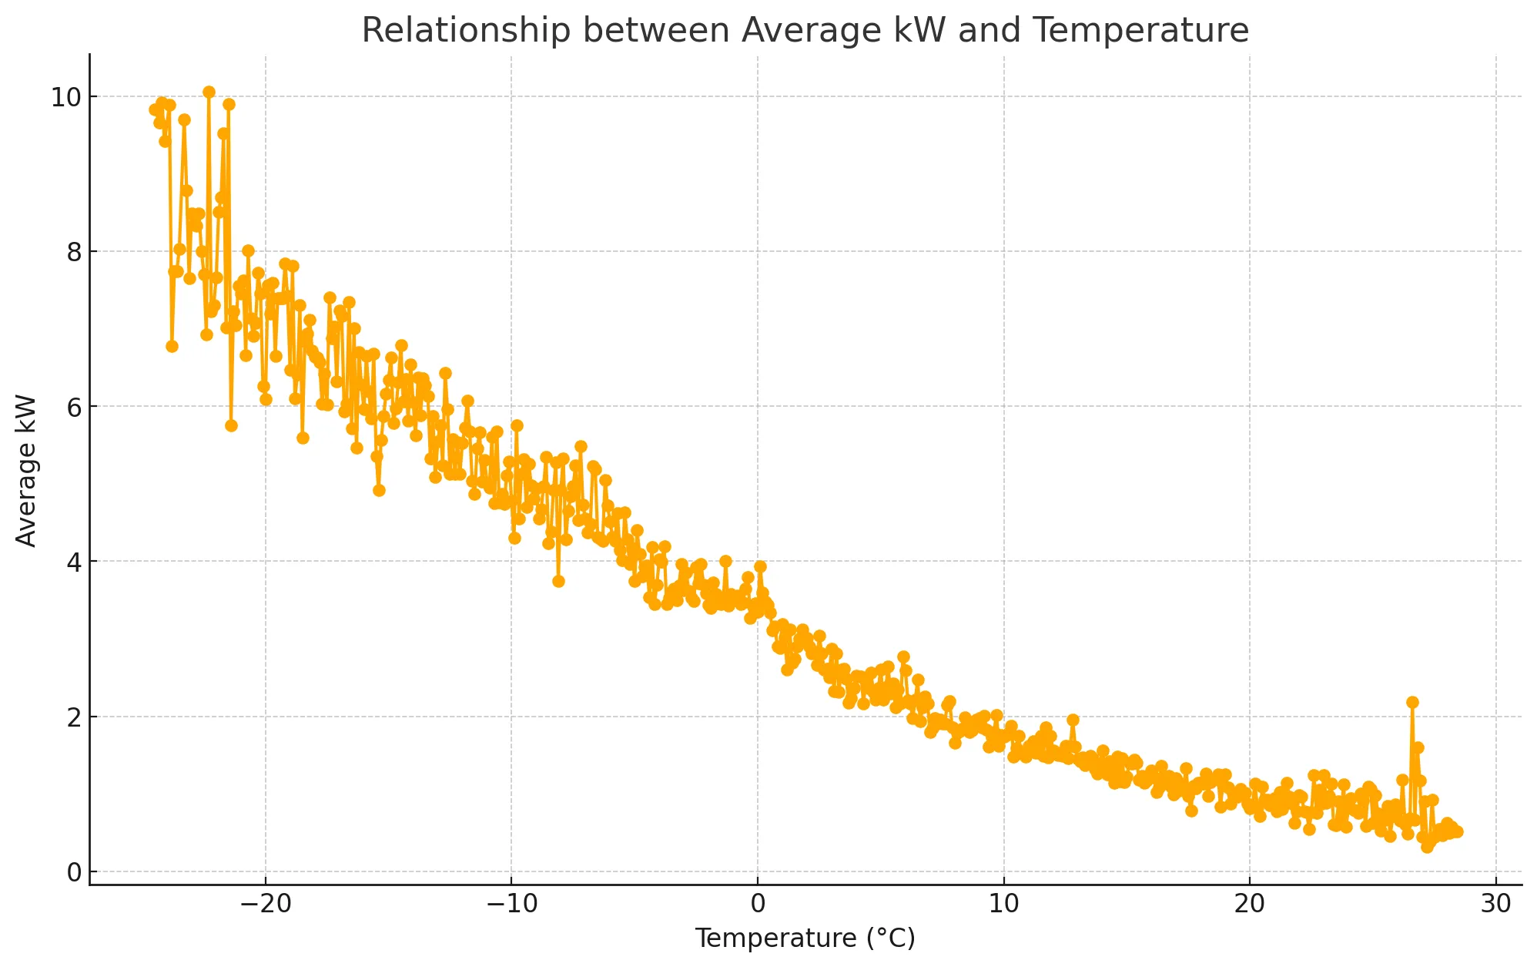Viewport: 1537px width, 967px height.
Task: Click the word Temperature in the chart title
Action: [x=1140, y=31]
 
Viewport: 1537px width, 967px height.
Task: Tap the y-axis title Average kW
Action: [x=26, y=471]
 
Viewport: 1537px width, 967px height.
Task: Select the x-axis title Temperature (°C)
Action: [x=805, y=938]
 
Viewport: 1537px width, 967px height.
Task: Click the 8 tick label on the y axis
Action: [x=74, y=252]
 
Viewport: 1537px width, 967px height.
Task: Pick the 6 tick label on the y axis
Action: [x=74, y=407]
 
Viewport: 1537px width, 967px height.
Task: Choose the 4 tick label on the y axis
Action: [x=74, y=562]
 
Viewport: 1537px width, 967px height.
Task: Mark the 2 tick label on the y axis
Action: [x=74, y=717]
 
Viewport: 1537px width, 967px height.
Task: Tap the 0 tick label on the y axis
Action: [x=74, y=872]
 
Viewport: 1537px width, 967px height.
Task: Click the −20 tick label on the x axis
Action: [x=265, y=904]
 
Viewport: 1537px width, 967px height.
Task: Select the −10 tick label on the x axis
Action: [x=511, y=904]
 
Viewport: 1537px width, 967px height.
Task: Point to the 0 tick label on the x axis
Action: [x=758, y=904]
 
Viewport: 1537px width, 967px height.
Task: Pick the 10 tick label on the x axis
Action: [x=1004, y=904]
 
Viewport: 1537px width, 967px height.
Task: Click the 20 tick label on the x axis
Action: [x=1250, y=904]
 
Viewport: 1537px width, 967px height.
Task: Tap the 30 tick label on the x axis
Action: [x=1496, y=904]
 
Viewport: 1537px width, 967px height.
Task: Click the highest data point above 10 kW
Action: [x=209, y=92]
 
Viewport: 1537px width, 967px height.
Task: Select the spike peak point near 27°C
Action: [x=1412, y=702]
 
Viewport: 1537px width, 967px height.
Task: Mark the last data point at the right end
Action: [x=1457, y=831]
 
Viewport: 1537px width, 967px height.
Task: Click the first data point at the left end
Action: [x=155, y=109]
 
